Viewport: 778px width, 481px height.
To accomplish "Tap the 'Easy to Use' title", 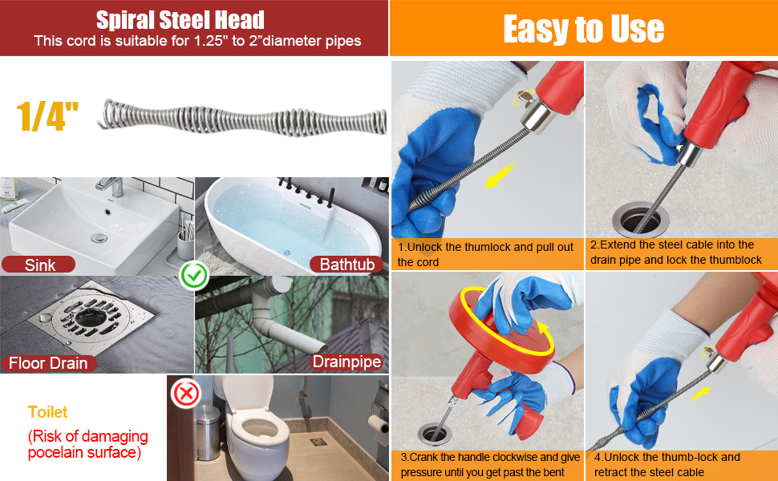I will tap(583, 29).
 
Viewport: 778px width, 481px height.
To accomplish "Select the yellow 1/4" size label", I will tap(47, 116).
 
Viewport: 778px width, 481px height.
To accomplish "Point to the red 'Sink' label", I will tap(39, 265).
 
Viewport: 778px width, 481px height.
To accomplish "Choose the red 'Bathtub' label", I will tap(346, 264).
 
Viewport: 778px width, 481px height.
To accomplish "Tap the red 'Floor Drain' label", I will tap(47, 363).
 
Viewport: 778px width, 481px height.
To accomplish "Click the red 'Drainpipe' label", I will tap(346, 362).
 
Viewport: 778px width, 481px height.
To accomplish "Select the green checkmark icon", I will tap(194, 276).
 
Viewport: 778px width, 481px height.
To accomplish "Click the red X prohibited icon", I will tap(187, 394).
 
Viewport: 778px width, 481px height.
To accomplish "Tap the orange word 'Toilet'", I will tap(48, 412).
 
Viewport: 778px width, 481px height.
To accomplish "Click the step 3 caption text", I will tap(490, 464).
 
